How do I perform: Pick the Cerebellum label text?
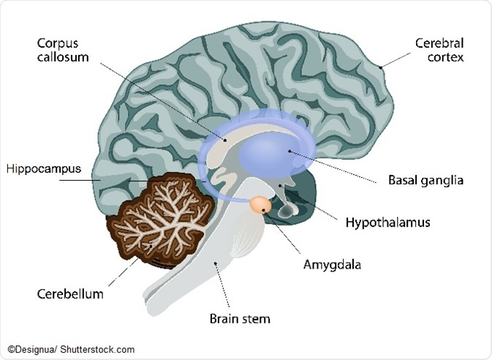click(x=70, y=294)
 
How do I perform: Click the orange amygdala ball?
click(x=260, y=205)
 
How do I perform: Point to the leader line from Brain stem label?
click(x=223, y=286)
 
